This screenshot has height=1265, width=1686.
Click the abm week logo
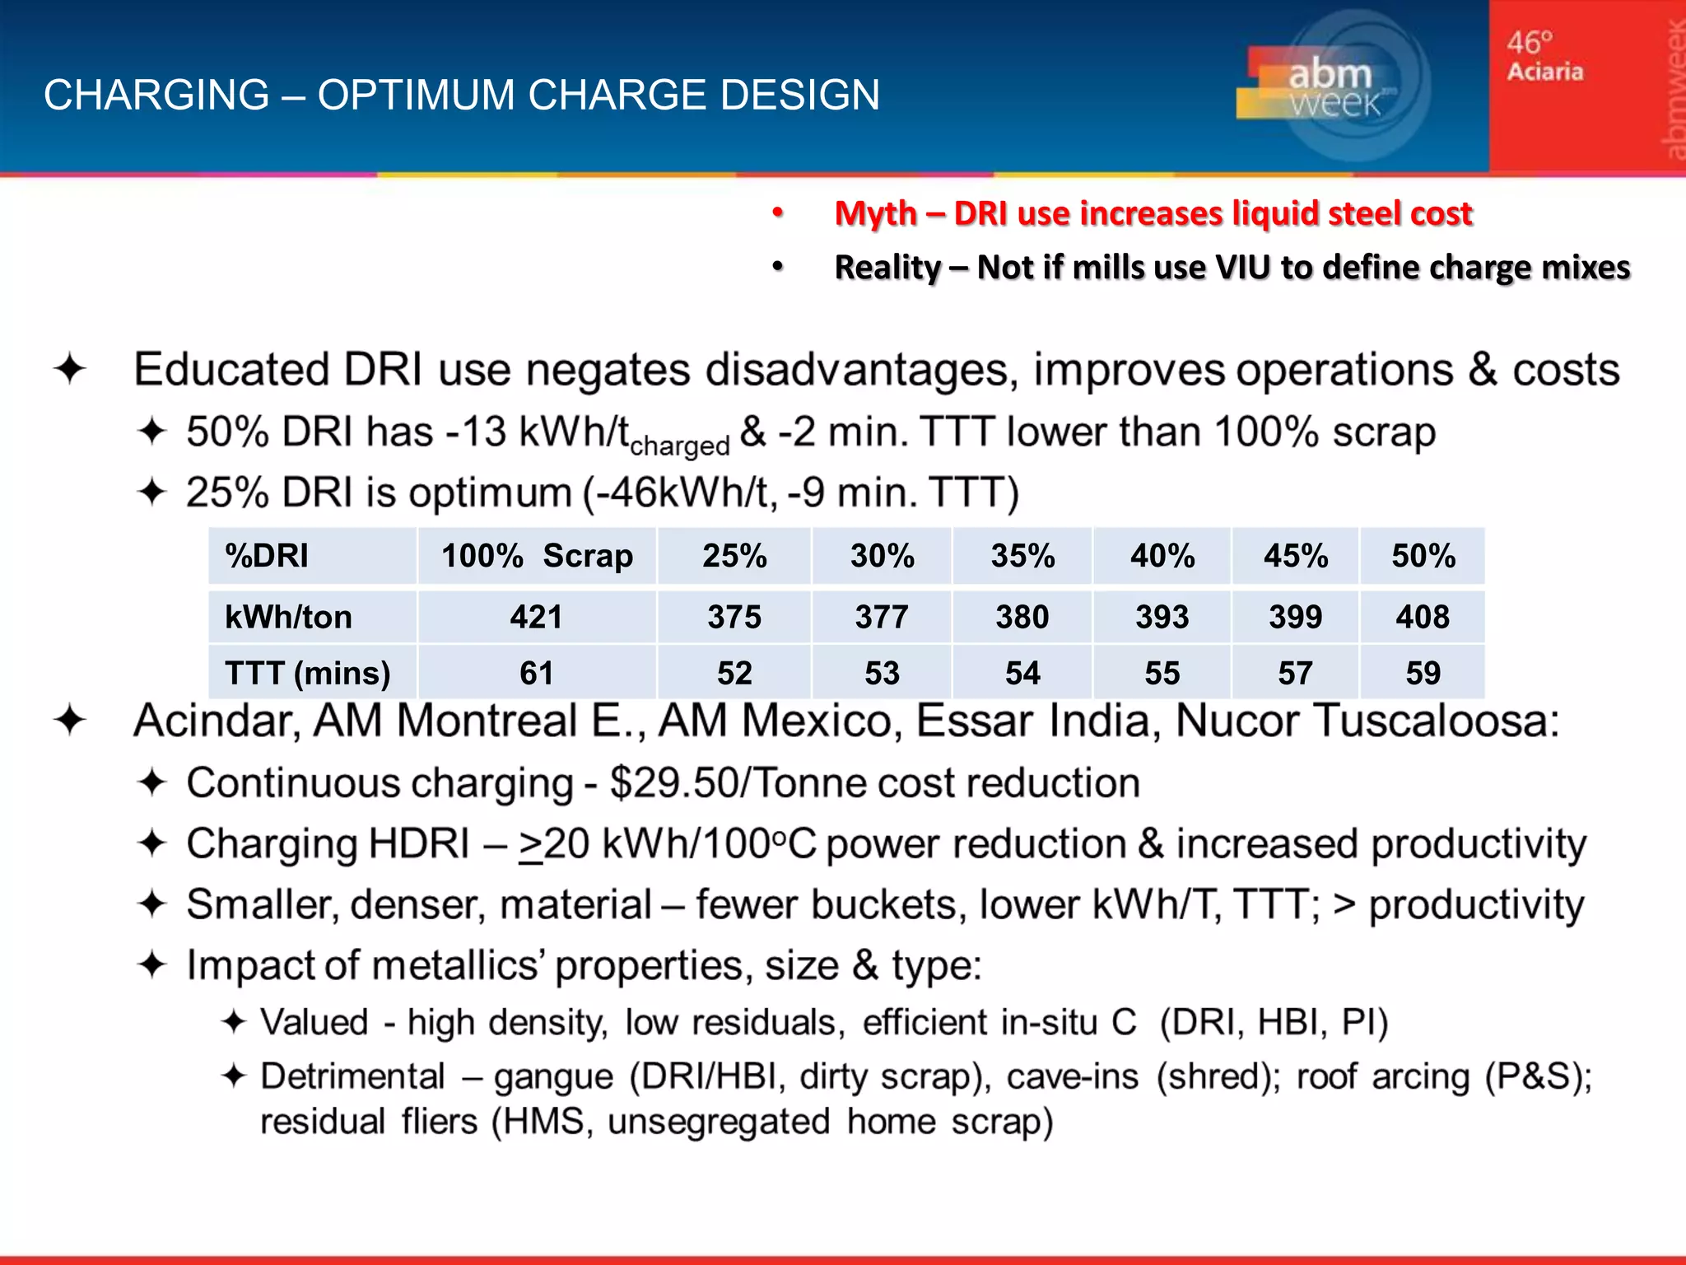point(1330,87)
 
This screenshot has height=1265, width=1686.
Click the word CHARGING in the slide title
point(156,95)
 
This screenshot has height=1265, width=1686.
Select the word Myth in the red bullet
point(875,213)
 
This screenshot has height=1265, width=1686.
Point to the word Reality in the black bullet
point(887,268)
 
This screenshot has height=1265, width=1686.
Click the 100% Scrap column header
point(537,556)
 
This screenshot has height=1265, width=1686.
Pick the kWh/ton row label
point(288,617)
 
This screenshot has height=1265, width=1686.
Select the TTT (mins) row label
point(307,673)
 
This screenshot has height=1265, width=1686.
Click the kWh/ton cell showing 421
point(536,617)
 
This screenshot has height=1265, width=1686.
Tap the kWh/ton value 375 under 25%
point(734,617)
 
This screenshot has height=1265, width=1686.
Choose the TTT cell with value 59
point(1423,673)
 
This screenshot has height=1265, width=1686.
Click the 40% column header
point(1162,556)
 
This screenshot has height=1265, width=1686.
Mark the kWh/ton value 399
point(1295,617)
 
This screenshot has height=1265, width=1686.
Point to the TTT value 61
point(536,673)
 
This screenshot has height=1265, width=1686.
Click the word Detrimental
point(352,1076)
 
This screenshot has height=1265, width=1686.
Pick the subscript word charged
point(679,446)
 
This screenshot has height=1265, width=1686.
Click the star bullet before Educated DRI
point(70,369)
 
